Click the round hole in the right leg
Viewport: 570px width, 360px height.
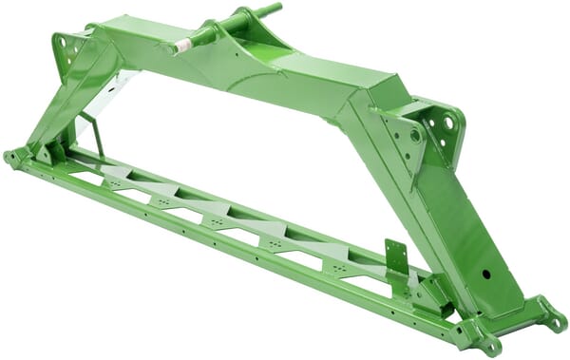click(485, 274)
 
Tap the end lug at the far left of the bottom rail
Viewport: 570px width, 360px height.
click(12, 158)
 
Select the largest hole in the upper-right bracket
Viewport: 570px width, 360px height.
click(448, 123)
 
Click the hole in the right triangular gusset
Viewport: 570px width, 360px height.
click(415, 136)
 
